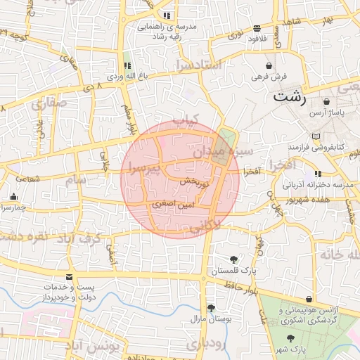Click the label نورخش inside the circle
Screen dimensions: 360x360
point(195,181)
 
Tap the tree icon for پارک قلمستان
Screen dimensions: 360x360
point(233,259)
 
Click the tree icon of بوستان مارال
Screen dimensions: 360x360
point(211,308)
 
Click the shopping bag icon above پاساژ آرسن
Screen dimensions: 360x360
point(328,102)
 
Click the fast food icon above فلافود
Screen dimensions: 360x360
point(257,28)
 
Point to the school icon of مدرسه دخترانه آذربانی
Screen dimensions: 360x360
point(318,174)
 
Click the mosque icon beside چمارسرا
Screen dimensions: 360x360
point(13,197)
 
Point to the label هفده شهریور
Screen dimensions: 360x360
point(310,198)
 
